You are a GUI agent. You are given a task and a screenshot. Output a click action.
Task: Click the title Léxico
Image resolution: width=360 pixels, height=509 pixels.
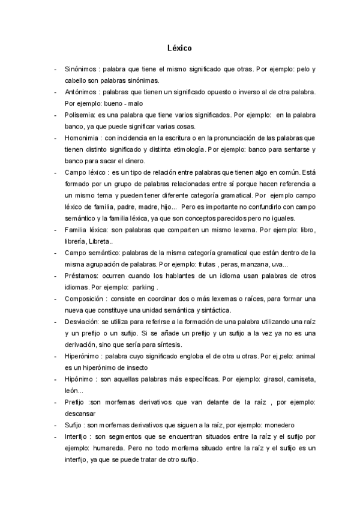click(x=180, y=46)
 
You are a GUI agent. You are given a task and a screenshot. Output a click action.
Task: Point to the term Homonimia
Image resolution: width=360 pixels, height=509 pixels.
click(x=82, y=138)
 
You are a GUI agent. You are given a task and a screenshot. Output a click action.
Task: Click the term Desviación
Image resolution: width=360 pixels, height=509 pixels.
click(x=81, y=322)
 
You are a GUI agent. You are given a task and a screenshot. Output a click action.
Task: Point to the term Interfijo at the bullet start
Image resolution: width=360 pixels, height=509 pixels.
click(x=77, y=436)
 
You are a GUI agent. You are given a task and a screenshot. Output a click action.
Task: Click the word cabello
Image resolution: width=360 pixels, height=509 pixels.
click(x=77, y=80)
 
